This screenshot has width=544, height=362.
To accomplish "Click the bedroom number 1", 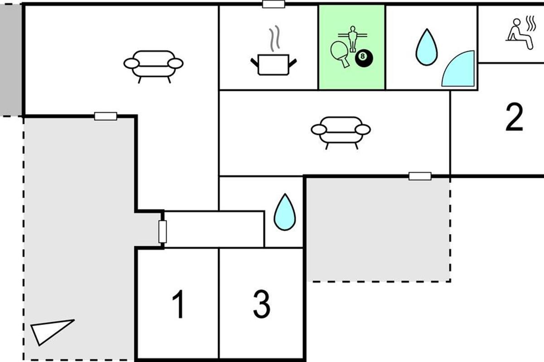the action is (x=178, y=304).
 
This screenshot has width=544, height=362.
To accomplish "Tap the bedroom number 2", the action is (x=514, y=117).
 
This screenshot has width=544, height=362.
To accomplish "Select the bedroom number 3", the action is (x=262, y=304).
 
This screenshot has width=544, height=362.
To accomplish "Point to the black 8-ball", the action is (x=364, y=58).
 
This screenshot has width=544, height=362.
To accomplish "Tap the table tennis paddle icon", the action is (x=340, y=54).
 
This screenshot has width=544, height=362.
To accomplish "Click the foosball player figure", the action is (x=353, y=39).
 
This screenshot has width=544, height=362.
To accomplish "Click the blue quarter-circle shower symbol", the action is (x=458, y=69).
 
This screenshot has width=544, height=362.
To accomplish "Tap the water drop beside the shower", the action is (x=427, y=47).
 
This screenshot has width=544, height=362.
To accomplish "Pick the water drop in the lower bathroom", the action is (x=285, y=212).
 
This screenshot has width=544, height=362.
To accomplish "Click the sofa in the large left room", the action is (x=153, y=67).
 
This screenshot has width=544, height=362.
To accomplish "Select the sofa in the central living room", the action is (x=341, y=133).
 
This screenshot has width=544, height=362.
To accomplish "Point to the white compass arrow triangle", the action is (x=49, y=332).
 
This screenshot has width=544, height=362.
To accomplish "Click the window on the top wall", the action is (x=273, y=4).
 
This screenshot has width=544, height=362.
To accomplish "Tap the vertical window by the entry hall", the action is (x=162, y=232).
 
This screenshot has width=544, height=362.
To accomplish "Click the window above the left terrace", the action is (x=106, y=116).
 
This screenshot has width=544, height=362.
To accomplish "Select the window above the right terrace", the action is (x=420, y=176).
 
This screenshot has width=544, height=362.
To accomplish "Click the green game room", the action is (x=352, y=47).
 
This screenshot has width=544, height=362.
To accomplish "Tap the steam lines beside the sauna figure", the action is (x=531, y=24).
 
